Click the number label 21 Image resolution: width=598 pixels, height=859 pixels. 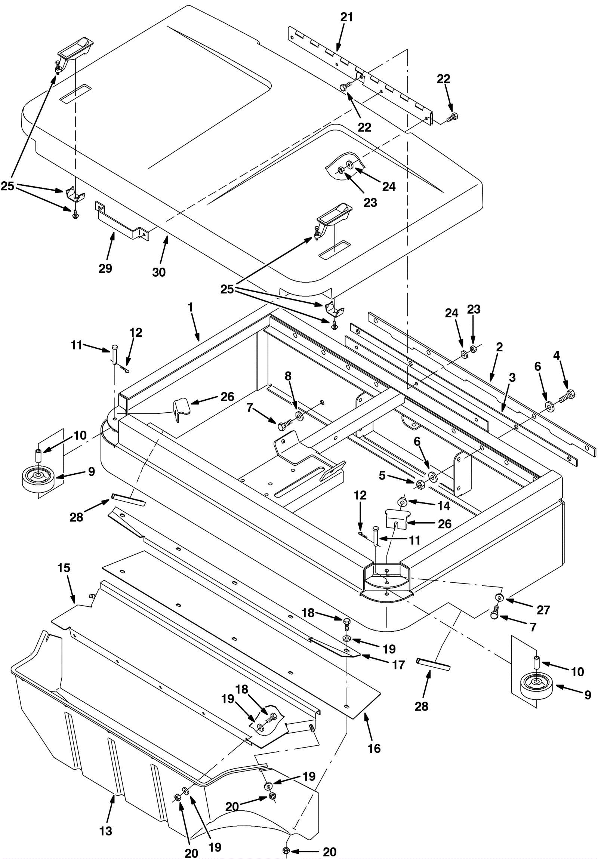[346, 17]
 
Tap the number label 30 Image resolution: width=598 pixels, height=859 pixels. [158, 272]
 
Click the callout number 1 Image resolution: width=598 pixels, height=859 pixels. [190, 307]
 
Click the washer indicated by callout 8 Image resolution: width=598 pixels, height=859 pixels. [300, 416]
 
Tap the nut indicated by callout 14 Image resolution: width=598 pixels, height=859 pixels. [402, 501]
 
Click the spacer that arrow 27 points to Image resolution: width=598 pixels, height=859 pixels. [499, 597]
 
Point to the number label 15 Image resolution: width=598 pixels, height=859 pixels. [64, 568]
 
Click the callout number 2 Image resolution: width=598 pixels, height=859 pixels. [499, 347]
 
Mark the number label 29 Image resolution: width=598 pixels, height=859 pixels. [105, 268]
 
